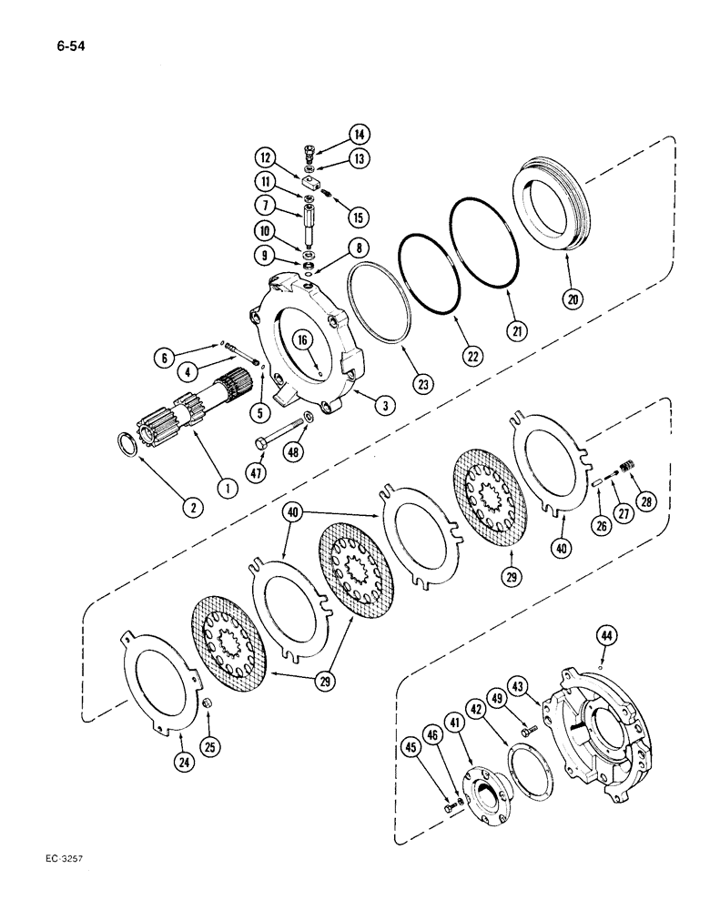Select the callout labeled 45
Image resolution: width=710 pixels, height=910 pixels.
coord(411,747)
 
